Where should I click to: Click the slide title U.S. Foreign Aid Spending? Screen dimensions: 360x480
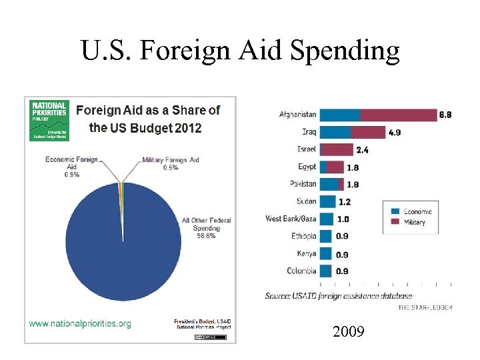240,50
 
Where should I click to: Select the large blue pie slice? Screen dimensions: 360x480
120,253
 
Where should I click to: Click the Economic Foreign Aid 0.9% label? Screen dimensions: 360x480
71,167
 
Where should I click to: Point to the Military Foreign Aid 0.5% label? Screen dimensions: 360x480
170,164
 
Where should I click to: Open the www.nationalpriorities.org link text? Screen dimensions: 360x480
80,323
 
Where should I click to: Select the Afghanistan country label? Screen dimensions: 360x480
297,115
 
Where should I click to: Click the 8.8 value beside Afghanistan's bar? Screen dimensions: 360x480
445,115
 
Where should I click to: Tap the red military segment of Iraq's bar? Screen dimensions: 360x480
368,132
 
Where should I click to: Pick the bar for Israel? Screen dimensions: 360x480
337,149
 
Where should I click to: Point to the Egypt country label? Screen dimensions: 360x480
307,167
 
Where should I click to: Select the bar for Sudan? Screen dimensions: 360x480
327,201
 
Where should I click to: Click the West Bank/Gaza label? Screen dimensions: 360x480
291,219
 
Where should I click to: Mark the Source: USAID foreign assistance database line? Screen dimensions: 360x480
338,295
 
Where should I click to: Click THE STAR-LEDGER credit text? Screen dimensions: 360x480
425,307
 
